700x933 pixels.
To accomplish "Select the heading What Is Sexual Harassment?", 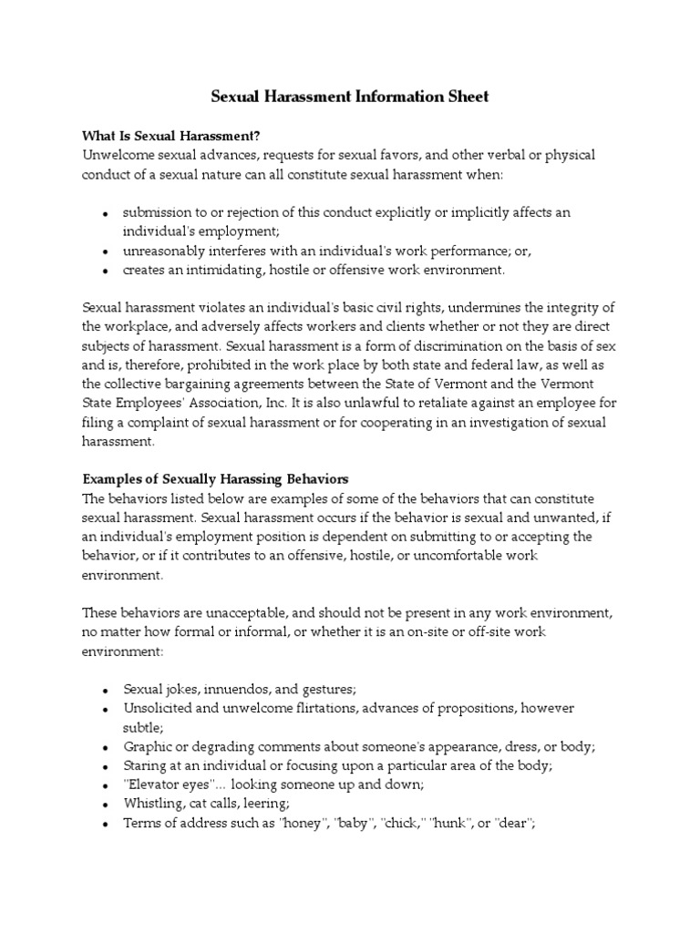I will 172,136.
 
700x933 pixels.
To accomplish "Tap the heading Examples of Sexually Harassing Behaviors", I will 215,478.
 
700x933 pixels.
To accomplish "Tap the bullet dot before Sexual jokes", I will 106,690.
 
